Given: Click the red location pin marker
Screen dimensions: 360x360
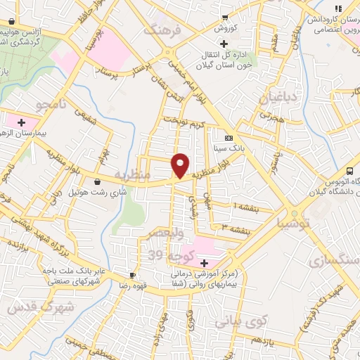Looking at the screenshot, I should pos(181,165).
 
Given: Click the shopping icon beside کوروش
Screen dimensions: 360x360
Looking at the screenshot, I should pos(224,17).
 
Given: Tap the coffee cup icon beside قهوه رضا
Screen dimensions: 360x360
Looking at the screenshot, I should pos(132,275).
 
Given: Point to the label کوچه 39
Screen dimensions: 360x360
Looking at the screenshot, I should pos(166,254).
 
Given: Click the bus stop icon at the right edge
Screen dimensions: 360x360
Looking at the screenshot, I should pos(349,172).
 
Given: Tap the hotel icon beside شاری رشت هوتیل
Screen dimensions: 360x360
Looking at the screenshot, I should pos(106,181).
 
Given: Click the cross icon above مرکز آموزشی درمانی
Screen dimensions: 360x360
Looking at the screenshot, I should pos(204,262).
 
